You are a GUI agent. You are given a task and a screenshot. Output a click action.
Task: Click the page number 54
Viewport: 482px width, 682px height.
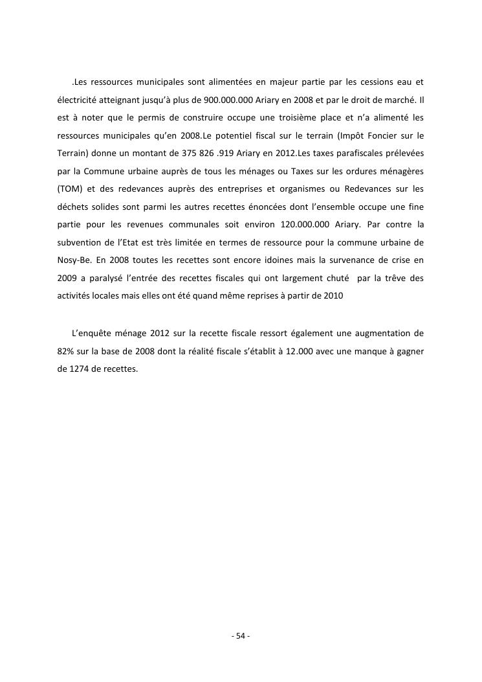(241, 636)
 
